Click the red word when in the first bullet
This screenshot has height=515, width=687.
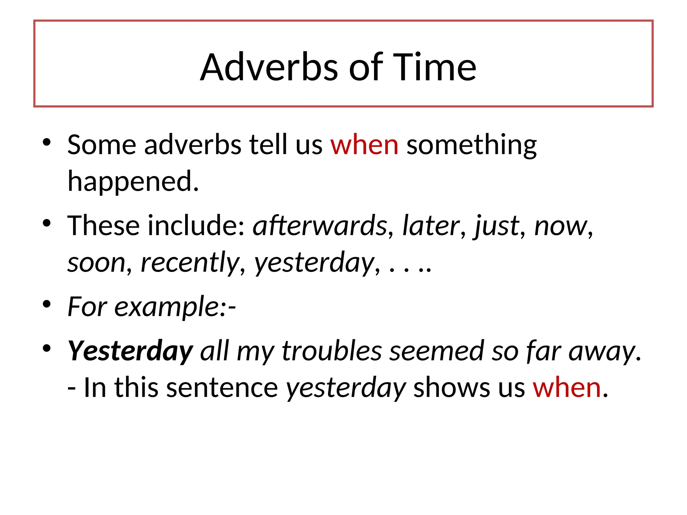point(364,145)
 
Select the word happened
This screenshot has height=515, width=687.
point(133,181)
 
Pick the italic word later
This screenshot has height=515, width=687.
point(431,225)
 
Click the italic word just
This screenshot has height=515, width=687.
point(496,226)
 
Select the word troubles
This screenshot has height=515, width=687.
point(331,351)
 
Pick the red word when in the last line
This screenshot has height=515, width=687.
point(567,388)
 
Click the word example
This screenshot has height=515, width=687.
point(167,307)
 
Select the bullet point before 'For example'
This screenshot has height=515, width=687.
point(47,304)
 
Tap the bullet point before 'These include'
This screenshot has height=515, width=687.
point(47,223)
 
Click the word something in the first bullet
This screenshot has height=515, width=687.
point(471,145)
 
